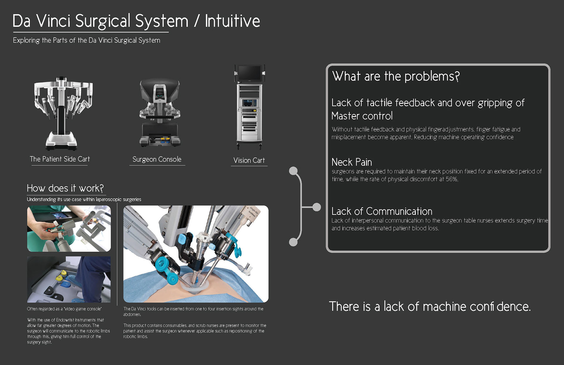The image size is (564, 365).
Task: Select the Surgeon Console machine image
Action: tap(160, 113)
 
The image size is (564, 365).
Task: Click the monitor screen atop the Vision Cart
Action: tap(249, 73)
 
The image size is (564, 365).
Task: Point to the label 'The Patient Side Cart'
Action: tap(60, 159)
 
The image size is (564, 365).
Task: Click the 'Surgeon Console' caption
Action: tap(157, 159)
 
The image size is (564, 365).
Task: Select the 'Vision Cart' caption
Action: tap(249, 160)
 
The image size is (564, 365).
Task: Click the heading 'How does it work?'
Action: tap(65, 188)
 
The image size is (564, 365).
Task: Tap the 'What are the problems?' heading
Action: tap(396, 76)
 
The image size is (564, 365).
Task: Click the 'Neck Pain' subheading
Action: tap(352, 162)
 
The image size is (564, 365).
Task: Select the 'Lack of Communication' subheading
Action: tap(382, 211)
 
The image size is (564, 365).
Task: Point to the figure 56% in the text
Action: tap(451, 179)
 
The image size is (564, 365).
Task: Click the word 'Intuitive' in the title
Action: tap(232, 21)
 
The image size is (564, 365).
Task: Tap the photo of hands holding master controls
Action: tap(69, 229)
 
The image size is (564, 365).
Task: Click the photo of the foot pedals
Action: tap(69, 279)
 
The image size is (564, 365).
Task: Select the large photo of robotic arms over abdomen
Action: tap(196, 254)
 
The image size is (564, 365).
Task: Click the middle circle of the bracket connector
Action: tap(317, 207)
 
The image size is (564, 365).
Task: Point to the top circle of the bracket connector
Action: tap(293, 171)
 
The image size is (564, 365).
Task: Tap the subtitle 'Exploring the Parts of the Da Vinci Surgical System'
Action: tap(87, 40)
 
